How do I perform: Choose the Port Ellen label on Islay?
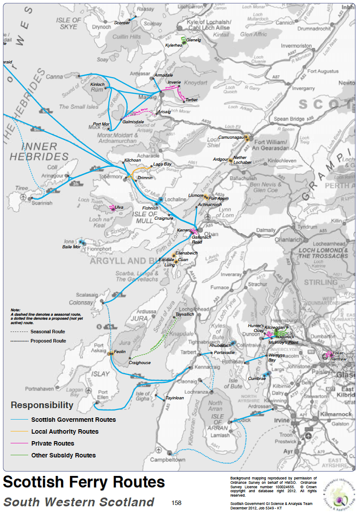(x=102, y=395)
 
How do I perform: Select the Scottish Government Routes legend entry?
(x=73, y=420)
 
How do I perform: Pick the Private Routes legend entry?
(x=52, y=443)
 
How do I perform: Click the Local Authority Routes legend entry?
(x=65, y=431)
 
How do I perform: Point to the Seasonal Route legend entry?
(x=48, y=332)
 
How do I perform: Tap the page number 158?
(x=176, y=503)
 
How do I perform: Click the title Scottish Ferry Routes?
(x=84, y=483)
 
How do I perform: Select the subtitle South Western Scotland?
(x=79, y=502)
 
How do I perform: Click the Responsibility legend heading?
(x=42, y=405)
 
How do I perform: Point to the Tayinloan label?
(x=174, y=398)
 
